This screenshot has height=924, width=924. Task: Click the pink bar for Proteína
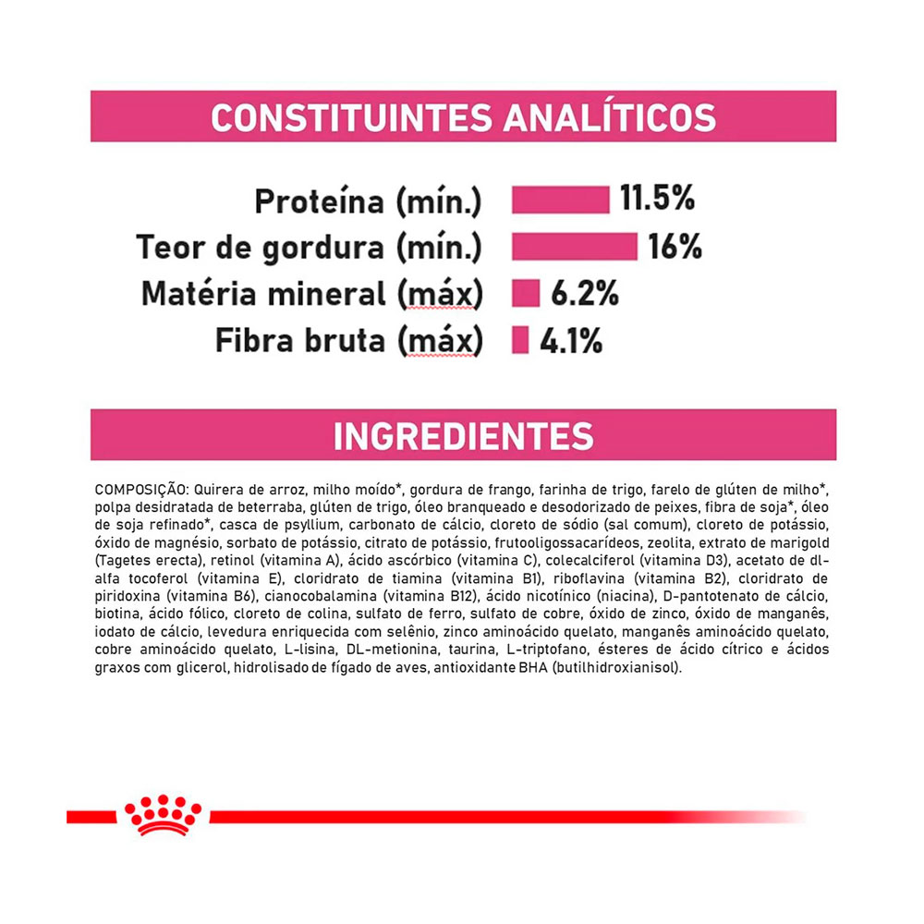561,200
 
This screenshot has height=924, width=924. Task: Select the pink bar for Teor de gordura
574,247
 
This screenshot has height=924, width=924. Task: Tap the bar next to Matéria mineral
526,294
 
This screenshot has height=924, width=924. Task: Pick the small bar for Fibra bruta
520,340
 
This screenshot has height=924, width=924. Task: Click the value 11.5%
657,199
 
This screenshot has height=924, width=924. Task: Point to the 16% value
675,247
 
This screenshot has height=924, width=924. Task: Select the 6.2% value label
584,294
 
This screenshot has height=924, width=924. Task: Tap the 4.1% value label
571,341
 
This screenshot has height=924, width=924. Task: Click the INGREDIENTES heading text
463,436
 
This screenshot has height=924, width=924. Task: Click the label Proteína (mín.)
368,201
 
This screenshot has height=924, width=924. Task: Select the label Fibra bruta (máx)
348,341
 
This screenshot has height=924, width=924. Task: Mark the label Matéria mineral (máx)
311,294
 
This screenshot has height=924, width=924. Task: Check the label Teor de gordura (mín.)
309,248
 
